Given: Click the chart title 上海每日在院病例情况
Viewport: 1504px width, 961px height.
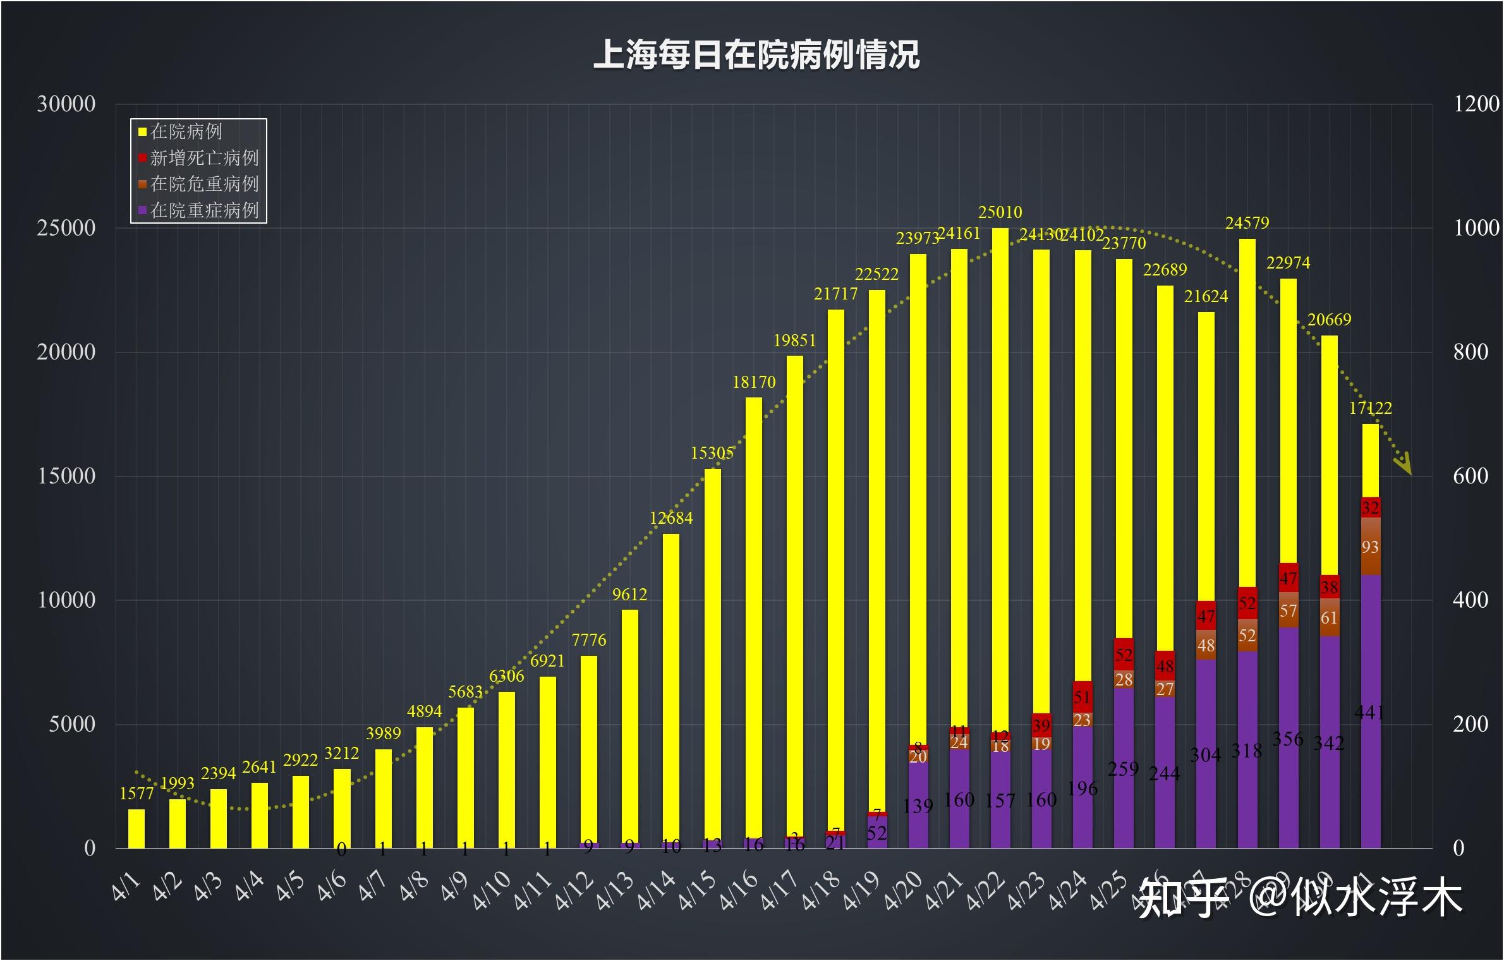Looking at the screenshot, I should [x=756, y=55].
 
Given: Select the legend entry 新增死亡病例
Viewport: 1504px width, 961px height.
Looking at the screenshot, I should [x=204, y=157].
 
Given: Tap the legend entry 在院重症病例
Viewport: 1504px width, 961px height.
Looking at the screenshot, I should [x=204, y=210].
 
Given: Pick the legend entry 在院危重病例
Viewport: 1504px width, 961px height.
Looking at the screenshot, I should [x=204, y=184].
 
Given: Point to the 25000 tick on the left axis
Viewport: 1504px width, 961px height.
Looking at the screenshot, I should [x=66, y=228].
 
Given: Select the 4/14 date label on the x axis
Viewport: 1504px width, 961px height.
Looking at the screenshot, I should [x=657, y=891].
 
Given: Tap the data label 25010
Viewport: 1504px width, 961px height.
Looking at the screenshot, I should [x=1000, y=212].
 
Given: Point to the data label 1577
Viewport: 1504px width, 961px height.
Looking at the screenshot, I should [x=136, y=794].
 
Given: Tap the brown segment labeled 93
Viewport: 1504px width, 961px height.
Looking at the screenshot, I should [x=1370, y=547].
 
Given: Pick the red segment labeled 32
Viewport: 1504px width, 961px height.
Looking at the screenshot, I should [x=1370, y=507].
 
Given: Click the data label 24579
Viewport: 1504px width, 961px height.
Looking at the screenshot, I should [x=1247, y=223].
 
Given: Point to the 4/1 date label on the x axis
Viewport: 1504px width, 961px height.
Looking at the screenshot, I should [x=126, y=887].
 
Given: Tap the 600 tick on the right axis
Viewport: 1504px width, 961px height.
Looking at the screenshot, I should [x=1470, y=476].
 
